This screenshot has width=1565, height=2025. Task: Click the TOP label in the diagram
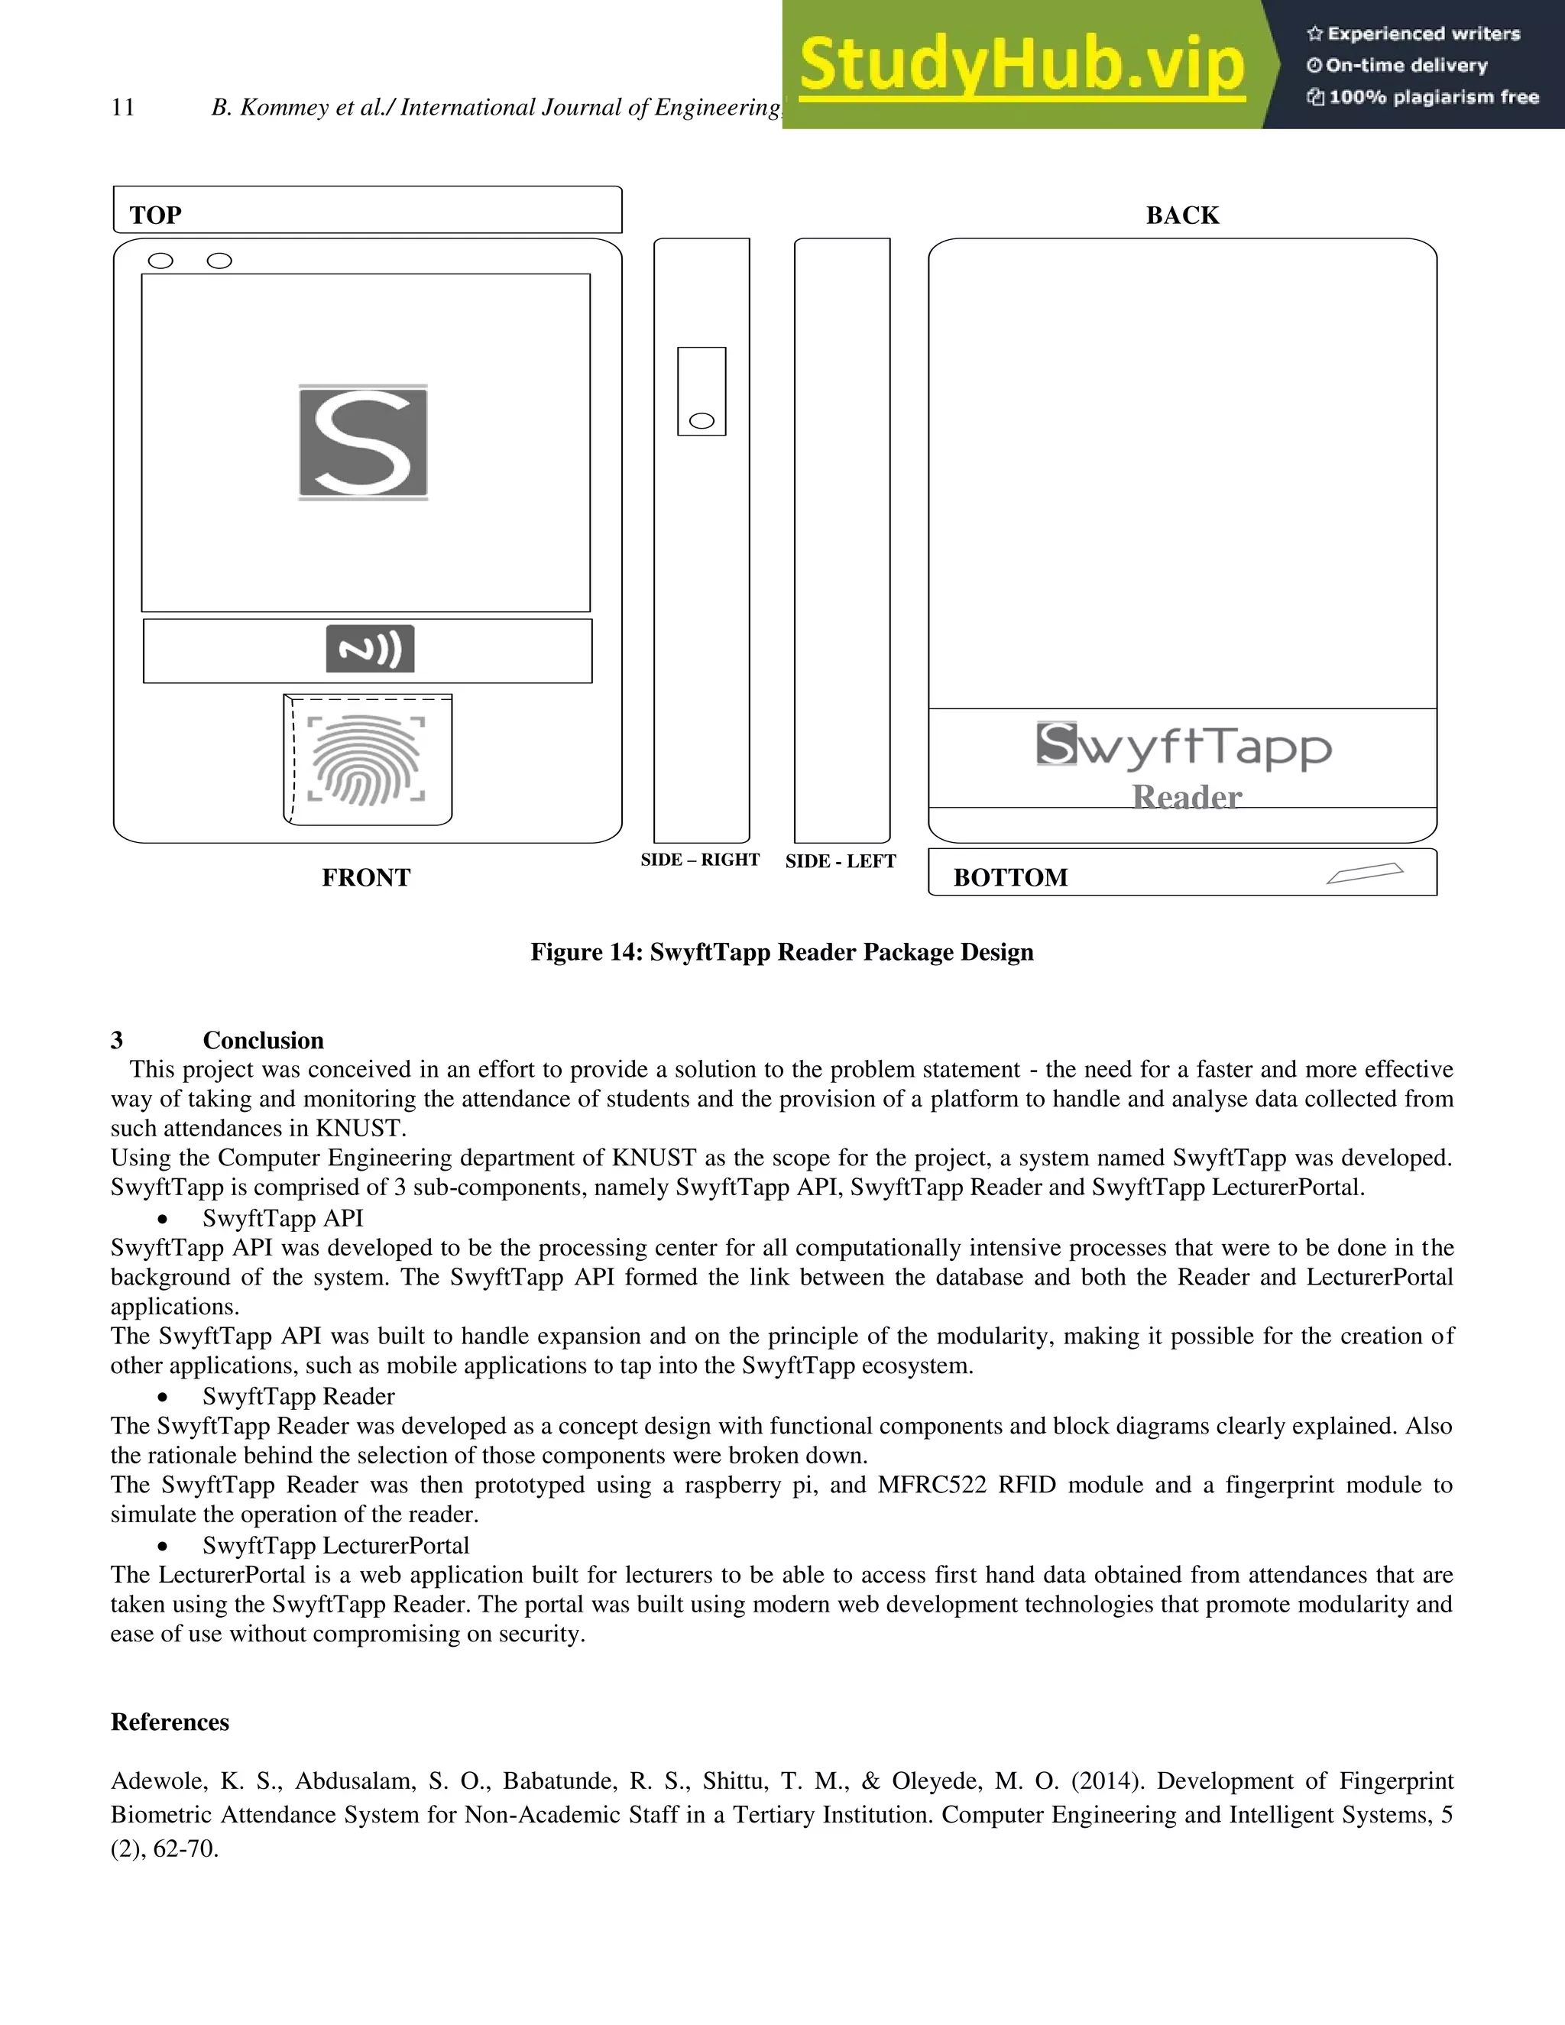(x=156, y=215)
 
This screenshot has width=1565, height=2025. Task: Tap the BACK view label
(x=1182, y=215)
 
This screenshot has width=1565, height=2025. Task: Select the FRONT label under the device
(x=366, y=877)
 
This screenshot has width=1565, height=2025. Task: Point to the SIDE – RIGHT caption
(x=700, y=860)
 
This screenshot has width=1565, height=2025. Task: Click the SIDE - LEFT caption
(x=840, y=861)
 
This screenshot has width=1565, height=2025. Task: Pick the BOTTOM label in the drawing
(x=1010, y=877)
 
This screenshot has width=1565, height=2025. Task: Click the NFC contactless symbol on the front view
(x=370, y=649)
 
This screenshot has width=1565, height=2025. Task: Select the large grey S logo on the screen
(x=364, y=442)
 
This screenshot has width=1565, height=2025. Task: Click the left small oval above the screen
(x=160, y=261)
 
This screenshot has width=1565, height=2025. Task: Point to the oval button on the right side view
(x=701, y=421)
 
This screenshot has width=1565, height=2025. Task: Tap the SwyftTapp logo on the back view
(x=1184, y=747)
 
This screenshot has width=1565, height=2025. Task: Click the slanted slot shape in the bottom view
(x=1365, y=873)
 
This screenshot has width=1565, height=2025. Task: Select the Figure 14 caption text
(x=782, y=952)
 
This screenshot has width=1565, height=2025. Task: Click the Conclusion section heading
(x=264, y=1040)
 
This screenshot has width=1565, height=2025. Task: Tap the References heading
(x=170, y=1722)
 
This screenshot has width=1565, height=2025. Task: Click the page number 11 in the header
(x=122, y=108)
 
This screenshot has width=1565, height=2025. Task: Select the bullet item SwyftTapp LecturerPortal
(x=335, y=1546)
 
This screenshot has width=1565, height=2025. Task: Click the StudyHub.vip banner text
(x=1022, y=65)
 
